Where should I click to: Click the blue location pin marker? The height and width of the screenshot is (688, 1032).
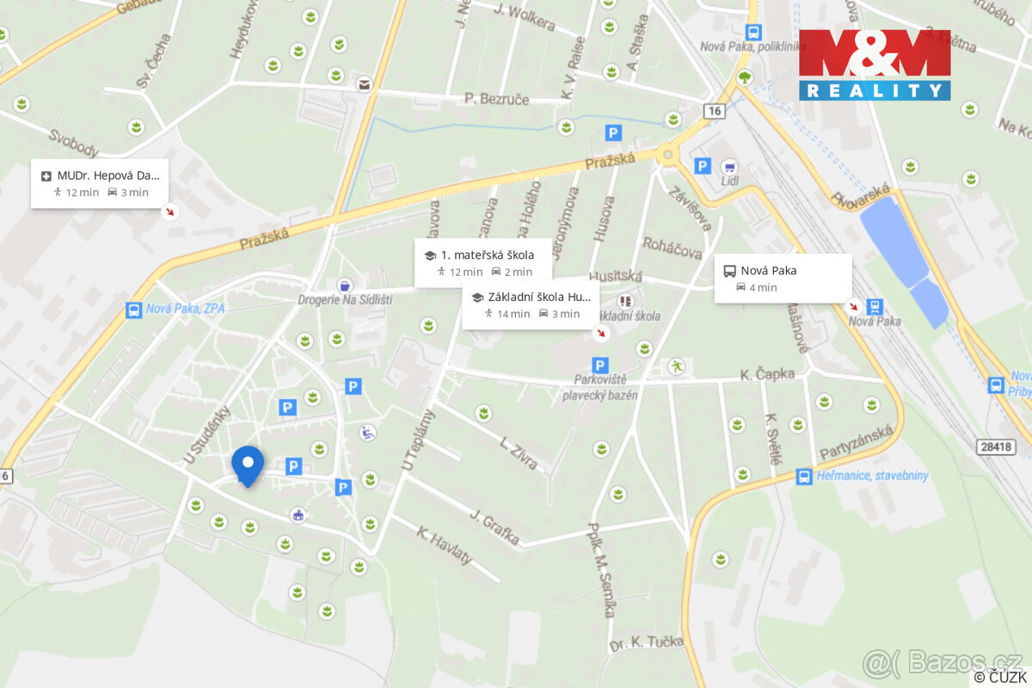click(248, 464)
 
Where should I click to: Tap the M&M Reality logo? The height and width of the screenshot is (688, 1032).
click(874, 64)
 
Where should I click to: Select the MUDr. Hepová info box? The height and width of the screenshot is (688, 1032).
click(100, 183)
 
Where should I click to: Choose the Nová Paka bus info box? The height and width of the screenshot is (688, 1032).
click(783, 278)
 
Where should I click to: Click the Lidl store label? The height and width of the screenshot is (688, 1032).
click(731, 181)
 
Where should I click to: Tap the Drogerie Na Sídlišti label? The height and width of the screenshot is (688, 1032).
click(344, 299)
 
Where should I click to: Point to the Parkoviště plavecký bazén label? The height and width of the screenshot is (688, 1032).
click(600, 388)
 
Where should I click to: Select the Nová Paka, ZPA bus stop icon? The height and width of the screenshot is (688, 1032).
click(133, 310)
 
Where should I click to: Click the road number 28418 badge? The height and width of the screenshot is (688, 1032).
click(996, 447)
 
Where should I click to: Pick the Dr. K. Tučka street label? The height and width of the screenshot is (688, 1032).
click(646, 642)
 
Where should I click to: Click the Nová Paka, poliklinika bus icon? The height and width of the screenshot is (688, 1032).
click(753, 33)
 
